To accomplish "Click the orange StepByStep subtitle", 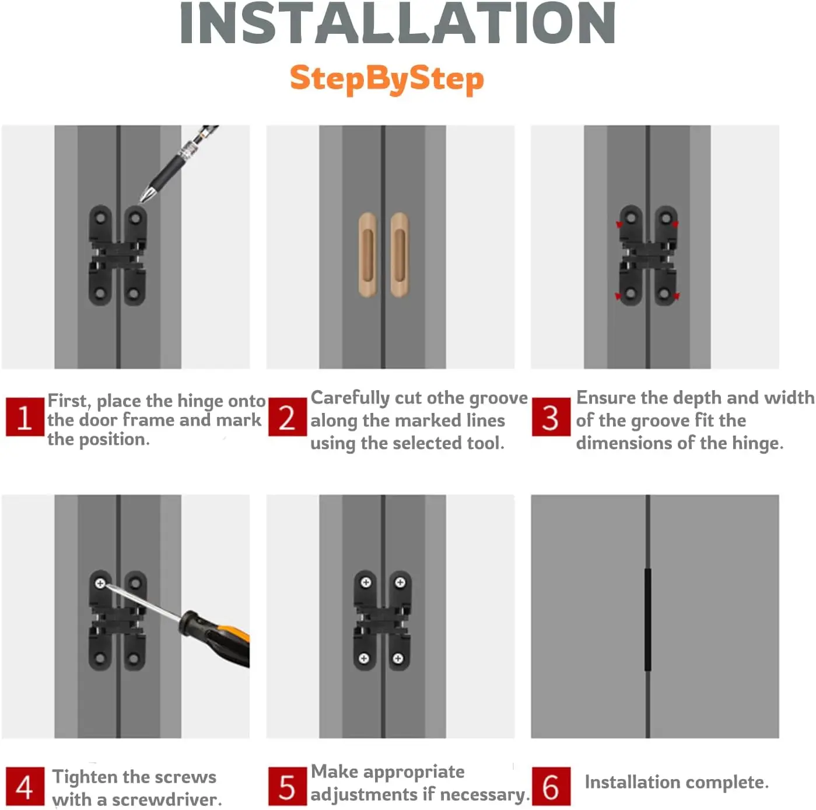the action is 387,79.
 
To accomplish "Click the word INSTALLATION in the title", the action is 398,23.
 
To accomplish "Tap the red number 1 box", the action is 24,416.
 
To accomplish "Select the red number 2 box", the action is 288,416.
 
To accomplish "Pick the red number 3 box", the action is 551,416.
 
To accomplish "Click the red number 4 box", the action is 24,786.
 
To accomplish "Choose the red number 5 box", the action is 288,786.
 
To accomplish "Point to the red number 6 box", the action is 551,786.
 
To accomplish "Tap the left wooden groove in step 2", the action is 367,254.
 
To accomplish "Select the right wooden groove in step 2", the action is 400,254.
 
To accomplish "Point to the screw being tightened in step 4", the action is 100,584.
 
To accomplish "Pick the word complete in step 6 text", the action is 727,783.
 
